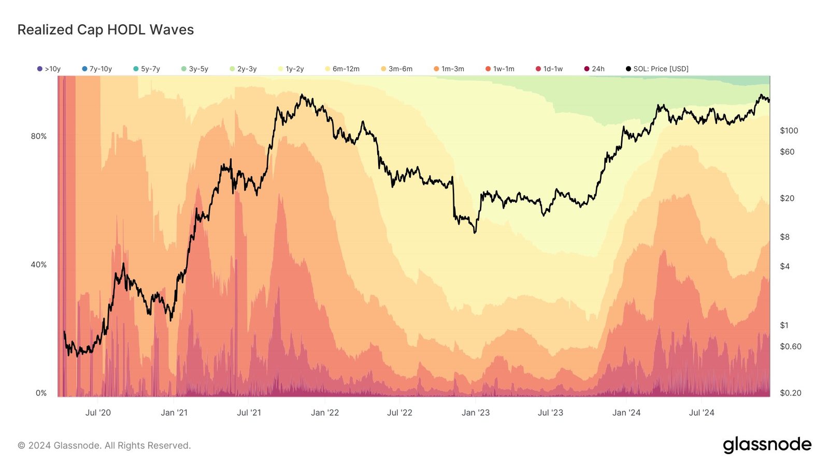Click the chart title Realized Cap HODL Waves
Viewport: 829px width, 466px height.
(106, 30)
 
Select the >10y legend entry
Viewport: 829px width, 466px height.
(49, 69)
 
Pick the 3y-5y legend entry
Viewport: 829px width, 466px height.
(195, 69)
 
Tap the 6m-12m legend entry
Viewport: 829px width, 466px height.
(342, 69)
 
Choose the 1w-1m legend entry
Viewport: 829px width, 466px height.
(500, 69)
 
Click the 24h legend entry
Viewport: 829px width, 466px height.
(595, 69)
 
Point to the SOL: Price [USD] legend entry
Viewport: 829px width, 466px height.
(658, 69)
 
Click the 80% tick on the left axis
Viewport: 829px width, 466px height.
(39, 136)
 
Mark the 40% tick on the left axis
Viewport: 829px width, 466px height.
(39, 265)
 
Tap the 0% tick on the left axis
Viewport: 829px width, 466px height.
(41, 393)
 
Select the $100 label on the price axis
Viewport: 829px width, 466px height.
(789, 130)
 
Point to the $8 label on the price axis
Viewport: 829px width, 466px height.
(785, 237)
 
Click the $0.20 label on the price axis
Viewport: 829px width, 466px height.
(791, 393)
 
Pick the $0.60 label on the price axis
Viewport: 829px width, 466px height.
(791, 346)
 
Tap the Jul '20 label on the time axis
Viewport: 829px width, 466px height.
(98, 413)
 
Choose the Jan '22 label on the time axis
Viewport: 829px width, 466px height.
(325, 413)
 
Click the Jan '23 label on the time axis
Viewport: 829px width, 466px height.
(476, 413)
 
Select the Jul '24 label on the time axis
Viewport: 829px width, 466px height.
(702, 413)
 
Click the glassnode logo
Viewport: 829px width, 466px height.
(767, 445)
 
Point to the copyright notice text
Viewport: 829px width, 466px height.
(104, 445)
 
